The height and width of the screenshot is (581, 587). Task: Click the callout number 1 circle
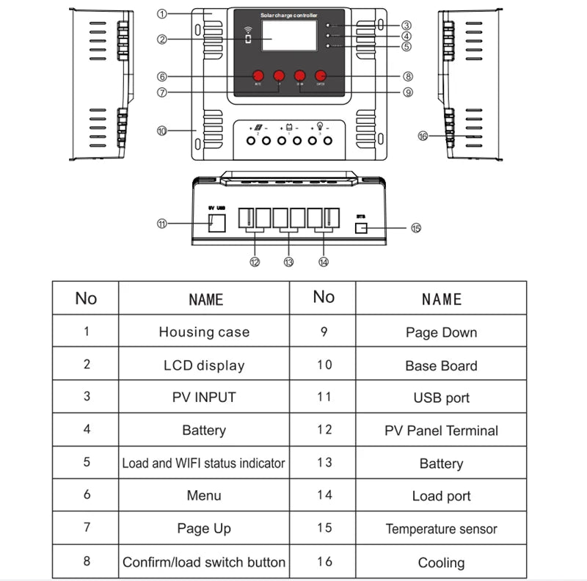pyautogui.click(x=162, y=14)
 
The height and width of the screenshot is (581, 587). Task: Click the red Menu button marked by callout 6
pyautogui.click(x=258, y=76)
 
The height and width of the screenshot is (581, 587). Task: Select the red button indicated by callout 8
pyautogui.click(x=321, y=76)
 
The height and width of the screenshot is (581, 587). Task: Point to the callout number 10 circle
pyautogui.click(x=162, y=131)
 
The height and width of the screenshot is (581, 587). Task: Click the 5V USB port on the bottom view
pyautogui.click(x=216, y=224)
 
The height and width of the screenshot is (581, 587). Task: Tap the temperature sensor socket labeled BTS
pyautogui.click(x=360, y=229)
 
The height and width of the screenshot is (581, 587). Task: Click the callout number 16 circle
pyautogui.click(x=422, y=136)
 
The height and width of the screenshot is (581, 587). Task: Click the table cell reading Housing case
pyautogui.click(x=204, y=332)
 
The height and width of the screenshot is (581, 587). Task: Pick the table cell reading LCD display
pyautogui.click(x=204, y=365)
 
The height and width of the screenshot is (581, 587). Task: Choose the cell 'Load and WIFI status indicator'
pyautogui.click(x=204, y=463)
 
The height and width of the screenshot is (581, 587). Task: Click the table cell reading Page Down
pyautogui.click(x=441, y=332)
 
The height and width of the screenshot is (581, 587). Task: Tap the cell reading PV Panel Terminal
pyautogui.click(x=441, y=431)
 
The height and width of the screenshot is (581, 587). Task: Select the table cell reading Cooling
pyautogui.click(x=441, y=563)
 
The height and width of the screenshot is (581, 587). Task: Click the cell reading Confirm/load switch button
pyautogui.click(x=204, y=562)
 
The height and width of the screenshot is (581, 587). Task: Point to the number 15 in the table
pyautogui.click(x=324, y=528)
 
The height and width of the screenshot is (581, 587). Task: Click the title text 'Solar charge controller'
pyautogui.click(x=288, y=15)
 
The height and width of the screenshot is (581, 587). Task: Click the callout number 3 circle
pyautogui.click(x=406, y=26)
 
